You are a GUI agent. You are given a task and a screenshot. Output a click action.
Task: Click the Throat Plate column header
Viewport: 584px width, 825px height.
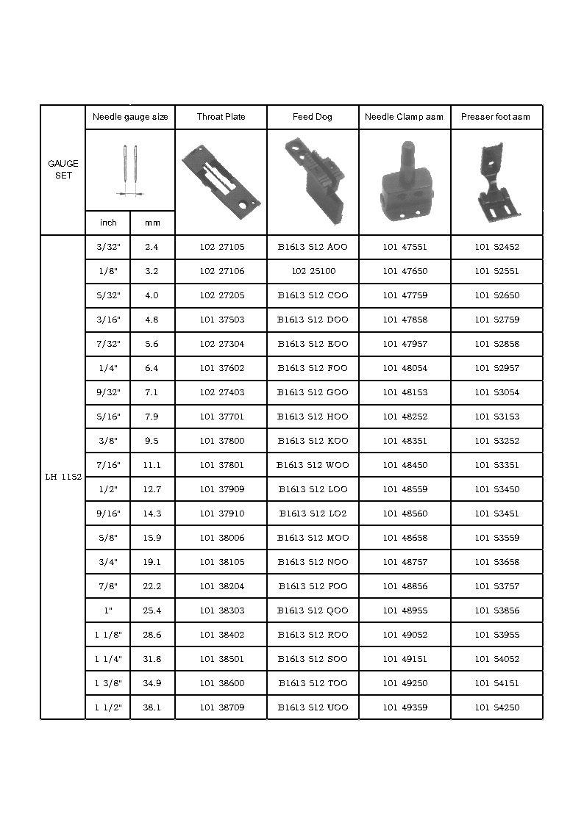point(221,117)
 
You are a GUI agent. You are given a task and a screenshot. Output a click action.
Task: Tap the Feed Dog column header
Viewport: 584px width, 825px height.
point(313,117)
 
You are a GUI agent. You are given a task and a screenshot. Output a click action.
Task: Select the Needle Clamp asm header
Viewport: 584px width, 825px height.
point(404,117)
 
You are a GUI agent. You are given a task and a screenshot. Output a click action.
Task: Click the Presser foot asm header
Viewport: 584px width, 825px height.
point(496,117)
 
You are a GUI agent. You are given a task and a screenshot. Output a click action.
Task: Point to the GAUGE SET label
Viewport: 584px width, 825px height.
point(63,170)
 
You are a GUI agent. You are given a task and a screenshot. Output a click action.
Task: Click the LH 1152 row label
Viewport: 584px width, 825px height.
point(63,477)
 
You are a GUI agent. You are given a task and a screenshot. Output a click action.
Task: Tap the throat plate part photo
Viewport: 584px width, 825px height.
point(221,180)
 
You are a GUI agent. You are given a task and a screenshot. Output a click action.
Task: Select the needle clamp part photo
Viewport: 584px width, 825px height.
point(404,180)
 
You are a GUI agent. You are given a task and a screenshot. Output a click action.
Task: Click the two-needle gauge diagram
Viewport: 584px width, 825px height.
point(130,170)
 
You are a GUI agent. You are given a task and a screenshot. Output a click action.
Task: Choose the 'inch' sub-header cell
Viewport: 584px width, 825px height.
point(108,223)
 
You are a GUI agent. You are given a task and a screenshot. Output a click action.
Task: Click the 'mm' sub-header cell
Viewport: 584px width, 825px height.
point(152,223)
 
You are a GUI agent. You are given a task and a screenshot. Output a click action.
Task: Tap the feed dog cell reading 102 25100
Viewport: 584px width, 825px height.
point(313,271)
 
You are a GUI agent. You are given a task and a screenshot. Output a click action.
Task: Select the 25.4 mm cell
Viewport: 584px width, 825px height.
point(152,610)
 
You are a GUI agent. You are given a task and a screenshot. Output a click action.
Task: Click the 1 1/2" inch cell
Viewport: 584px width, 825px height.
point(108,707)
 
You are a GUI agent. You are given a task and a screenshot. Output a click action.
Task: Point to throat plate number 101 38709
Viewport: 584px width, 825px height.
point(221,707)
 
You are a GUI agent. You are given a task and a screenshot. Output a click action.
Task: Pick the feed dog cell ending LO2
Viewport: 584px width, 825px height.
point(313,514)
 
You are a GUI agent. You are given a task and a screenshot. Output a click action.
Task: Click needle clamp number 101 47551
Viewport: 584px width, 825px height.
point(405,247)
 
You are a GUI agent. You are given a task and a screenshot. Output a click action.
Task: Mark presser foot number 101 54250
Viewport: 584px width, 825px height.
point(496,707)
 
